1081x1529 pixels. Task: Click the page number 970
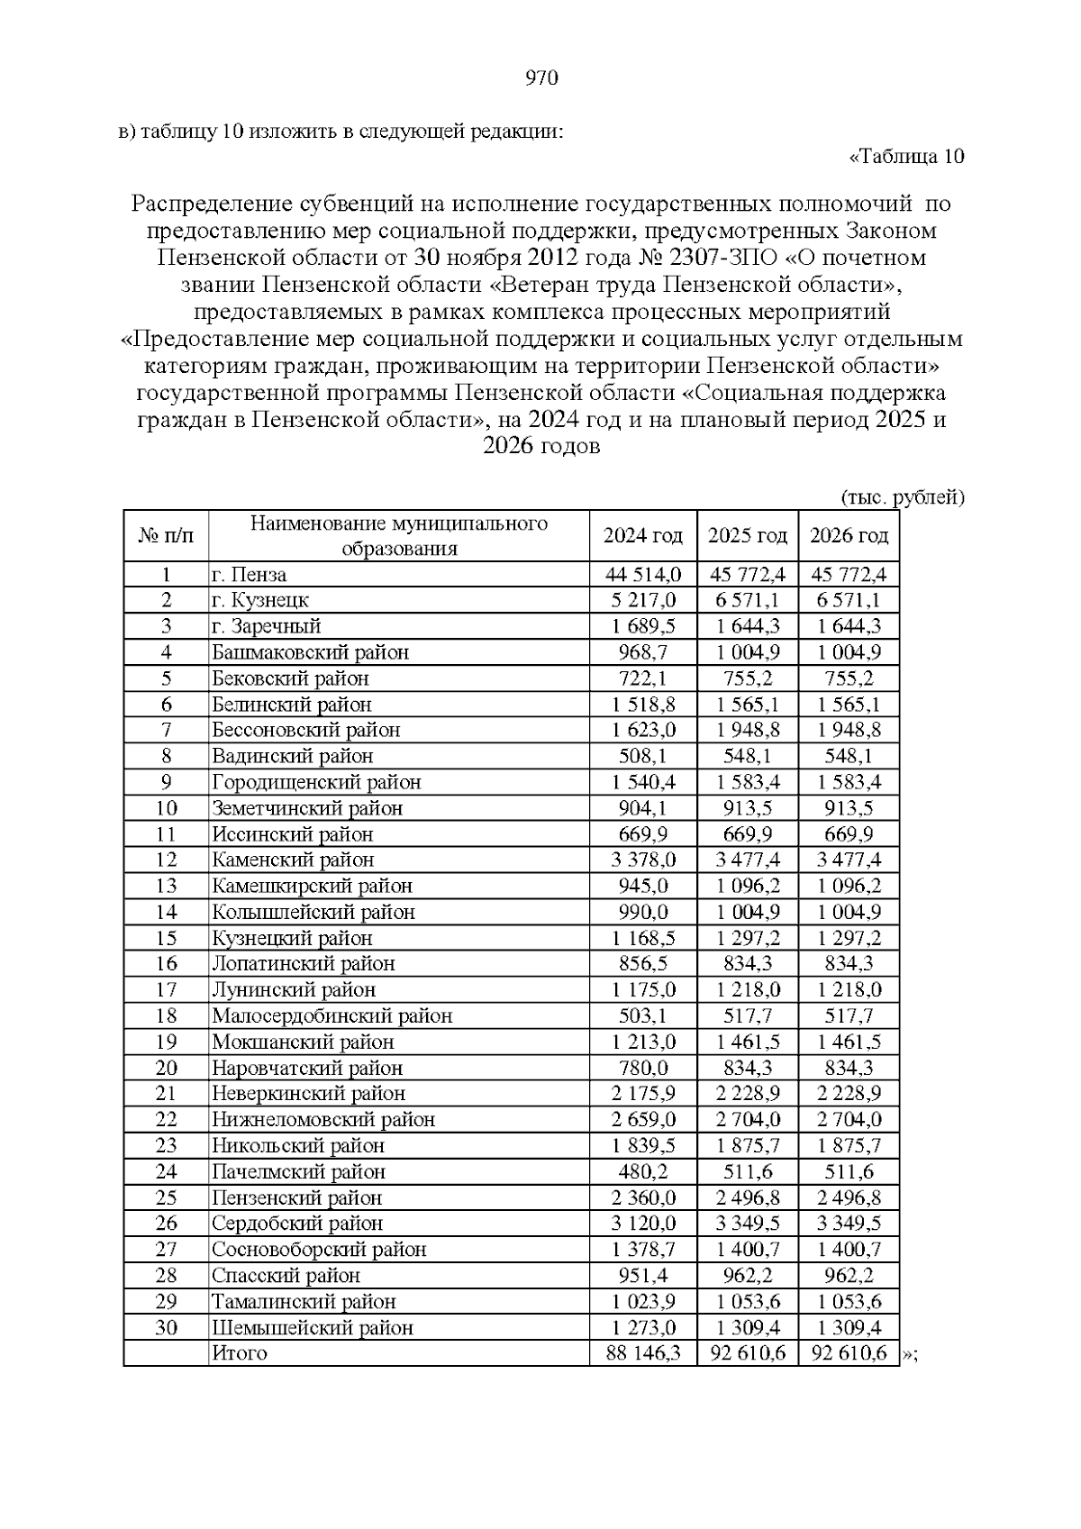540,78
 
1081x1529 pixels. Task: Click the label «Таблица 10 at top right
906,157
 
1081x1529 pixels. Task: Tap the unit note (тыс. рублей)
902,497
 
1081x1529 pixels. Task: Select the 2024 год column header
642,536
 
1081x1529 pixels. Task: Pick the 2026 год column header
848,536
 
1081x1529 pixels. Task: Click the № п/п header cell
166,536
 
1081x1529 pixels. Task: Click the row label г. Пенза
250,575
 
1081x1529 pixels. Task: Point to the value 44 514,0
643,575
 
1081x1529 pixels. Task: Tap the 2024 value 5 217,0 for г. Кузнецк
643,601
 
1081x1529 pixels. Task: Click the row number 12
166,860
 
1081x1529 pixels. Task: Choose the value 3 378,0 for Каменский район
643,860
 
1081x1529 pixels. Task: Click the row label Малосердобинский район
332,1016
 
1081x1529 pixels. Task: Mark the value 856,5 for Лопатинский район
643,964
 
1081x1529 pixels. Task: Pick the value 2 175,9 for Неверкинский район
643,1094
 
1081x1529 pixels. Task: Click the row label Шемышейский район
312,1328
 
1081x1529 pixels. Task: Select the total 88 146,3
643,1353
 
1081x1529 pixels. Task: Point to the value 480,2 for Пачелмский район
643,1172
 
